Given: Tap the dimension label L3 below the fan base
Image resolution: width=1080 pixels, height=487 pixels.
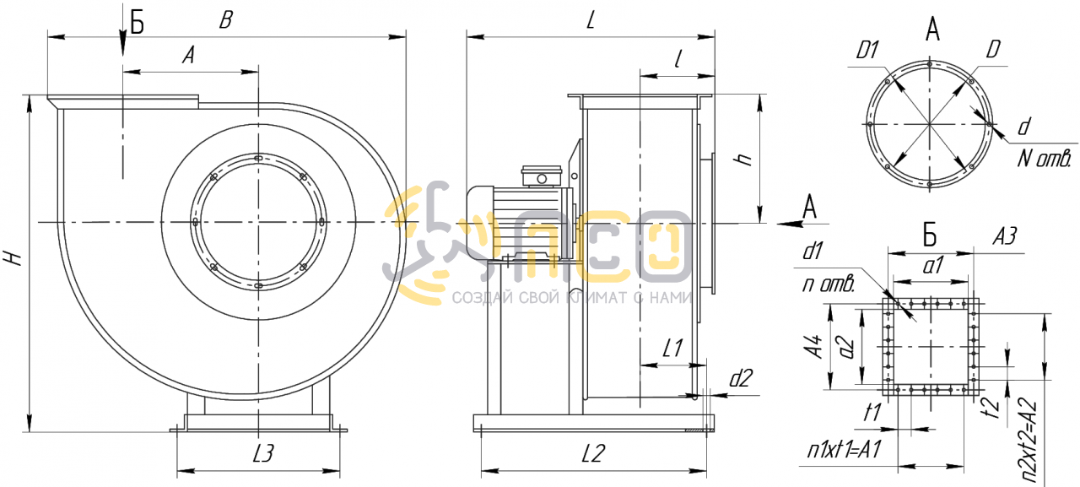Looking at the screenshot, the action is tap(264, 452).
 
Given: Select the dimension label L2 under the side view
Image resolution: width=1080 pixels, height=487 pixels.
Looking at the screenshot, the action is tap(593, 453).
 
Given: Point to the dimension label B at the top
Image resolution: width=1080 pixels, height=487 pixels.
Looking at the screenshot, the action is tap(225, 20).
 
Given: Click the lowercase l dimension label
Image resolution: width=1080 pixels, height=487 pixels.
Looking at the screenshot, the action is tap(678, 59).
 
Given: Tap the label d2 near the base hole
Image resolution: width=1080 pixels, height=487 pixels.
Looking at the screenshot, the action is tap(741, 378).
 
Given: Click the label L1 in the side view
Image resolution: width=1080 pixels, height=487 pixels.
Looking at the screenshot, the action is tap(673, 348).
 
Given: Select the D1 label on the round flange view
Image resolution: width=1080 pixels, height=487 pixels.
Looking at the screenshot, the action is tap(867, 50).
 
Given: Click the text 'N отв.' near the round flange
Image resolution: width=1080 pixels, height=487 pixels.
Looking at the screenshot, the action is tap(1045, 158).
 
